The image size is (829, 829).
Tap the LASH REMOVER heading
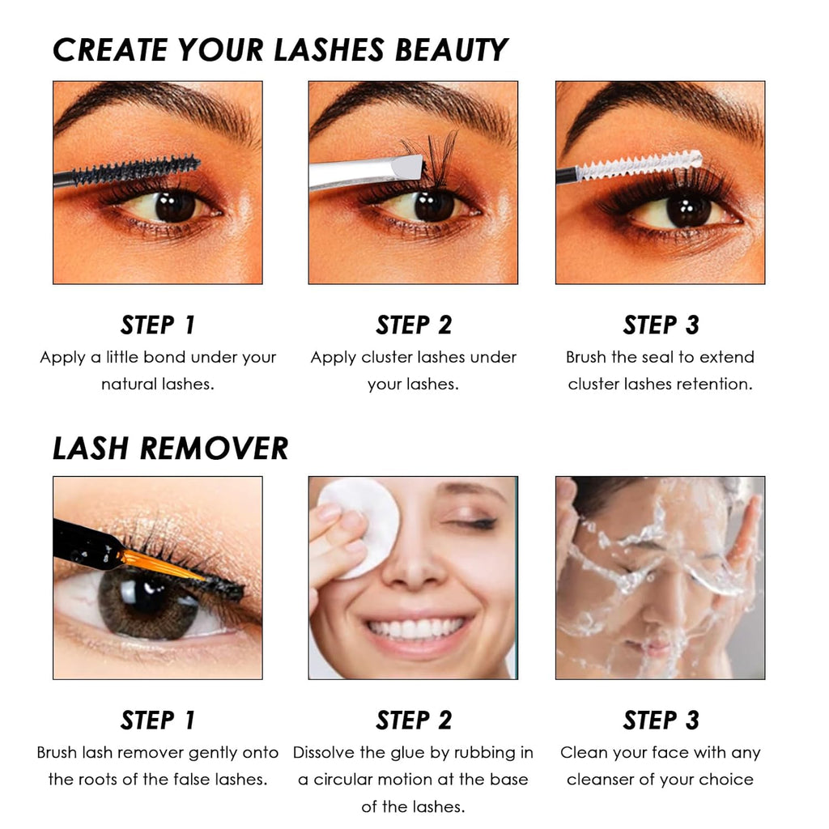170,448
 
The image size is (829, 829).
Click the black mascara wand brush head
138,171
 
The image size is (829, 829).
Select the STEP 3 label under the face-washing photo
661,720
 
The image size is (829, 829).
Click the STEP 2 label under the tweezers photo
414,325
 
